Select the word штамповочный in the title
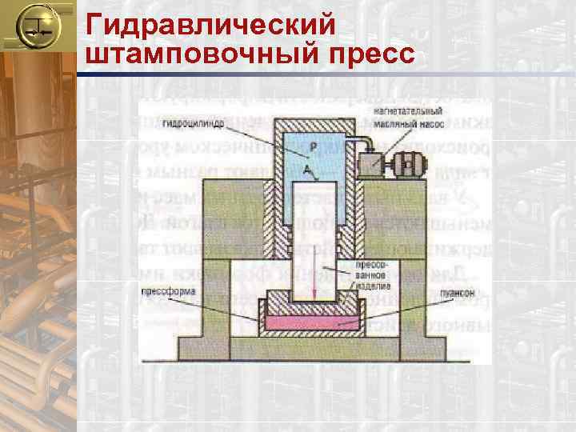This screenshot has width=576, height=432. point(182,55)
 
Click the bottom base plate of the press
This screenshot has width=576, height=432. point(313,347)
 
